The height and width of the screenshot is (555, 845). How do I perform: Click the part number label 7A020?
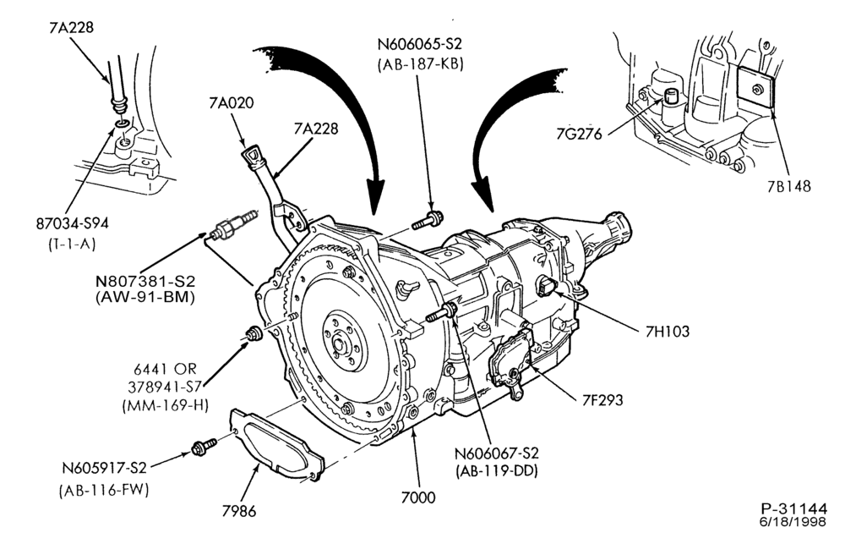(x=232, y=102)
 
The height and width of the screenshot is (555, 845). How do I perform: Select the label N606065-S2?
(x=419, y=44)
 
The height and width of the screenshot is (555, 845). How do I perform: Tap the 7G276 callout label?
(x=579, y=133)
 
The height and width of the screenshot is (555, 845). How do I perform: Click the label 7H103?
(x=668, y=331)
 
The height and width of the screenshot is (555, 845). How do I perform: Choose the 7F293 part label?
(x=602, y=399)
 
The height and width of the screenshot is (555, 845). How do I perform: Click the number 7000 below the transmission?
(x=418, y=497)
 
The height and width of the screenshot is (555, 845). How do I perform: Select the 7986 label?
(x=239, y=511)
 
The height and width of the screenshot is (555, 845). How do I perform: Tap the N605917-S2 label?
(x=103, y=468)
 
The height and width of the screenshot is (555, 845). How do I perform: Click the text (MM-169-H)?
(x=165, y=404)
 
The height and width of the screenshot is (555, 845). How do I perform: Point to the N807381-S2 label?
(x=145, y=282)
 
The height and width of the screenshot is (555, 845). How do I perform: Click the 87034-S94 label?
(x=72, y=223)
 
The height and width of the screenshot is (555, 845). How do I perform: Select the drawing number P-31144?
(x=793, y=509)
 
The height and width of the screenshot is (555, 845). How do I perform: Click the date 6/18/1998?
(x=793, y=522)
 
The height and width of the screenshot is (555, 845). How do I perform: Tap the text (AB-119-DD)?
(x=496, y=471)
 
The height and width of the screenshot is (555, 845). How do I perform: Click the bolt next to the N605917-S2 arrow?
(x=204, y=447)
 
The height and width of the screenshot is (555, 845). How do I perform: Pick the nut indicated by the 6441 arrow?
(x=253, y=334)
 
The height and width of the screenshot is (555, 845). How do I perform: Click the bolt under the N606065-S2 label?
(x=428, y=220)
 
